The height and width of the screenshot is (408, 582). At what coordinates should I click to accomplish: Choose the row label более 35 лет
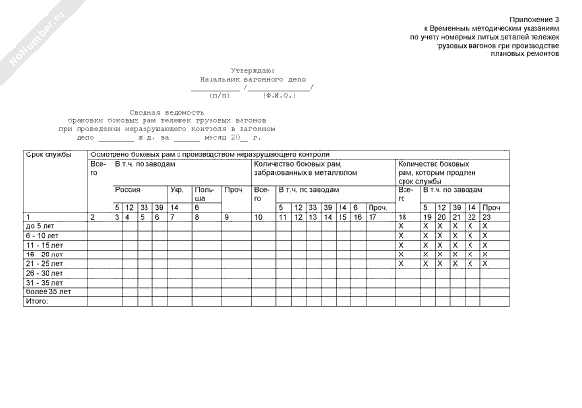point(48,291)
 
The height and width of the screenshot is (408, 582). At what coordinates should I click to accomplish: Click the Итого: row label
point(37,301)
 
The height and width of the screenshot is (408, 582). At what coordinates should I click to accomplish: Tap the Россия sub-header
point(127,190)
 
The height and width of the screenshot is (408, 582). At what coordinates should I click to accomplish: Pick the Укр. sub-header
point(177,190)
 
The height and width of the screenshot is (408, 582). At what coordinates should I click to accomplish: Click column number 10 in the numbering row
point(258,216)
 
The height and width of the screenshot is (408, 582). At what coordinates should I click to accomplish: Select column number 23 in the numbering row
point(487,216)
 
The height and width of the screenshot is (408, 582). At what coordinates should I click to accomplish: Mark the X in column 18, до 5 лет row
point(401,225)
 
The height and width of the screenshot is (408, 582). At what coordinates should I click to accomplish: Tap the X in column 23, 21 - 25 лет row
point(485,263)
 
